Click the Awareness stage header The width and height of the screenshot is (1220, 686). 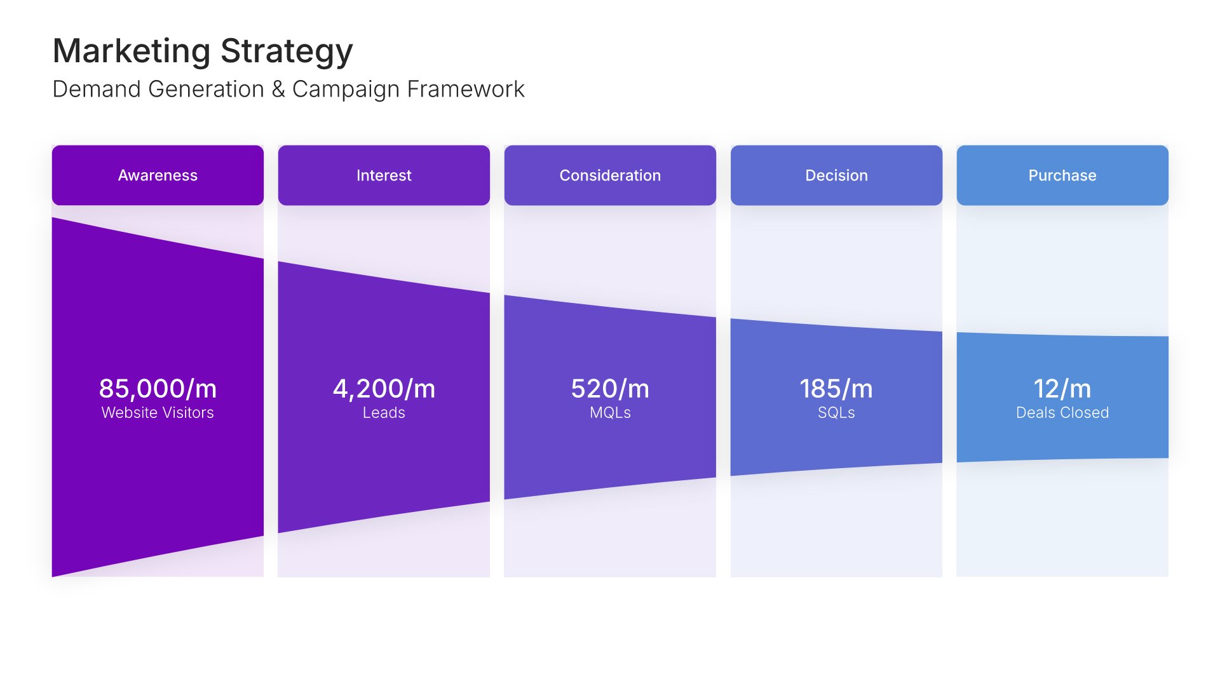click(158, 175)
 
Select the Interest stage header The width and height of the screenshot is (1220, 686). click(384, 175)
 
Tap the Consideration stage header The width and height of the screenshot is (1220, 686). click(610, 175)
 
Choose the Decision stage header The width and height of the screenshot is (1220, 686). click(836, 175)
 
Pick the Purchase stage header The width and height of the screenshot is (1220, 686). click(1062, 175)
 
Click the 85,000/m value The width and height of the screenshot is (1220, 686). click(158, 389)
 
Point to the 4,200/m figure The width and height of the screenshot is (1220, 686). click(384, 389)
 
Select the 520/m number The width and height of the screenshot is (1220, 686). click(610, 389)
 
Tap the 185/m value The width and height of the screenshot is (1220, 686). click(836, 389)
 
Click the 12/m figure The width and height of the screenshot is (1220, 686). click(1062, 389)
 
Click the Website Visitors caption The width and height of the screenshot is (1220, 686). click(158, 413)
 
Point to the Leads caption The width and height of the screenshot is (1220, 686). click(384, 413)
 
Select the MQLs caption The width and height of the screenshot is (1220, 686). click(610, 413)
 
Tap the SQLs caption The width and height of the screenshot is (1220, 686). click(836, 413)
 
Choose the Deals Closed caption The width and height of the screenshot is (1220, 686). click(1062, 413)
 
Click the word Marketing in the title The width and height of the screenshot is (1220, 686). click(132, 52)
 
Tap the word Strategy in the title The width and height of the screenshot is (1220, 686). click(287, 52)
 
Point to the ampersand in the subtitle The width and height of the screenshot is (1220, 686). click(278, 90)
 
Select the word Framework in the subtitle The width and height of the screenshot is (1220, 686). click(466, 90)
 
